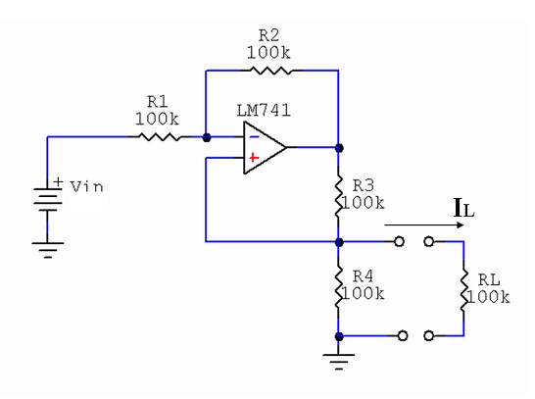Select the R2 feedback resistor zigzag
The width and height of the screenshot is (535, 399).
pyautogui.click(x=270, y=71)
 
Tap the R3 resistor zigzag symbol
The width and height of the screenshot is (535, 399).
pyautogui.click(x=338, y=196)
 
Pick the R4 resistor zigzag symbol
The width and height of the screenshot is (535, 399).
pyautogui.click(x=338, y=287)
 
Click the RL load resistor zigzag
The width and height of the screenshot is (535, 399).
pyautogui.click(x=463, y=289)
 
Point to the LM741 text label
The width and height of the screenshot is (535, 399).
pyautogui.click(x=264, y=111)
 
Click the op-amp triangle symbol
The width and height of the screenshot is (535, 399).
pyautogui.click(x=265, y=147)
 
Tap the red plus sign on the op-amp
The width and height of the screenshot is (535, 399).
pyautogui.click(x=254, y=158)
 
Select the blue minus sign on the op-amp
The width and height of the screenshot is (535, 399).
pyautogui.click(x=254, y=137)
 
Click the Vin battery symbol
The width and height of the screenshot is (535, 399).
pyautogui.click(x=47, y=199)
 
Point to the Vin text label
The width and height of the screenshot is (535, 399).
pyautogui.click(x=86, y=186)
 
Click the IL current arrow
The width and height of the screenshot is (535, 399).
pyautogui.click(x=424, y=224)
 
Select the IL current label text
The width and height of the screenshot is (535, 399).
pyautogui.click(x=464, y=208)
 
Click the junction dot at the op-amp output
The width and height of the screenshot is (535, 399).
pyautogui.click(x=339, y=148)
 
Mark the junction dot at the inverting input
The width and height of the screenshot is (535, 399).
pyautogui.click(x=207, y=137)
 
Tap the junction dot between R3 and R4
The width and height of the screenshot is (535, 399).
pyautogui.click(x=339, y=242)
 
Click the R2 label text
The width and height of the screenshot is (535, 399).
pyautogui.click(x=268, y=35)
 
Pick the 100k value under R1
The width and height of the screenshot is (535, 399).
pyautogui.click(x=157, y=119)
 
